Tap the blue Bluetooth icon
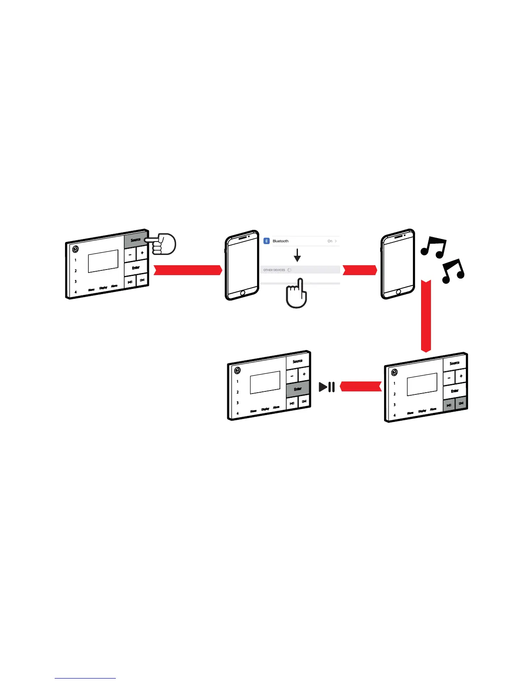point(267,241)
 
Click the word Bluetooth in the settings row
point(281,241)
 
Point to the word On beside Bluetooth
point(330,241)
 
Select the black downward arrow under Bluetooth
point(297,256)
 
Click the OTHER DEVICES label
point(274,270)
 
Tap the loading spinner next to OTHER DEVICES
point(289,270)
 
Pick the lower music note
point(453,271)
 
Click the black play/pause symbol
point(327,387)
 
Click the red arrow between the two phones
point(360,270)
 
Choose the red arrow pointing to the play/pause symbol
point(361,386)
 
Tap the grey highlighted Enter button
point(298,389)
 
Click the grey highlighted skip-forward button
point(461,403)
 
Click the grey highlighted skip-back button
point(449,405)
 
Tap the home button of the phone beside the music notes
point(398,292)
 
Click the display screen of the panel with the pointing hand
point(103,261)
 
